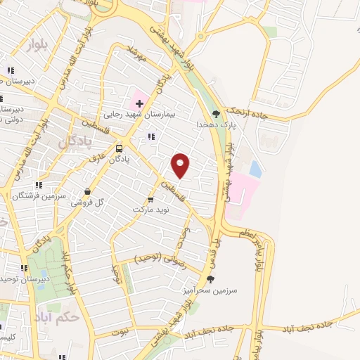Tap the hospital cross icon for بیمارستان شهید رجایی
(140, 104)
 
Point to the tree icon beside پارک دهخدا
(216, 114)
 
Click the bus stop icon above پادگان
(119, 148)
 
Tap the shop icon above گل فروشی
(87, 191)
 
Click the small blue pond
(255, 169)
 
